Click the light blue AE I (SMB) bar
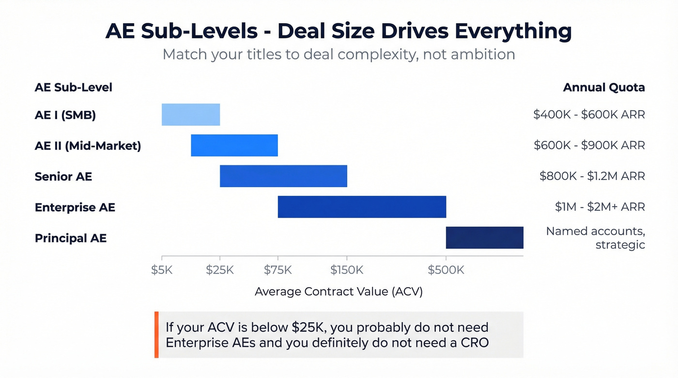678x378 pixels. [x=191, y=115]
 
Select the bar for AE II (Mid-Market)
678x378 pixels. [x=234, y=145]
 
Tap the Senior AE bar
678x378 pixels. [x=283, y=176]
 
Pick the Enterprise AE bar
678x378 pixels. [x=362, y=207]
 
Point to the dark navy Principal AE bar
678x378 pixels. [x=484, y=238]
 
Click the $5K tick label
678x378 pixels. [x=162, y=270]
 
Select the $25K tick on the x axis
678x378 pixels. [x=220, y=270]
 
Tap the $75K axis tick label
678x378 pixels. [x=278, y=270]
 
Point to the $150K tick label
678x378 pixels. [x=347, y=270]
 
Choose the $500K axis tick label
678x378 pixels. [x=446, y=270]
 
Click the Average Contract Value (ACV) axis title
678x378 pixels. [x=339, y=291]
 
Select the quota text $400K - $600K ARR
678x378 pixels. [x=589, y=115]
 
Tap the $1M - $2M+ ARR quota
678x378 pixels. [x=600, y=207]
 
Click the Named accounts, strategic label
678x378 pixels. [x=596, y=238]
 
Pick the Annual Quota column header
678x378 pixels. [x=603, y=88]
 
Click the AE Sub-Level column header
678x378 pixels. [x=74, y=88]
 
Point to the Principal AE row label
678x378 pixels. [x=71, y=238]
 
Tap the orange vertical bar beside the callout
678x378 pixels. [x=156, y=335]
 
